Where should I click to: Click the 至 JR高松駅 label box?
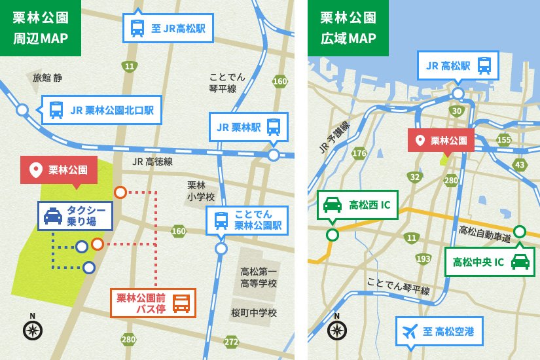pos(168,28)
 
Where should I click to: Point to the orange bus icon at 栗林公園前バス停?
pos(181,303)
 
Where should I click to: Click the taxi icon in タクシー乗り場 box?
pos(53,215)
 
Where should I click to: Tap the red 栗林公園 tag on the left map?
pos(59,170)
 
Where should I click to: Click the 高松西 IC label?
pos(358,205)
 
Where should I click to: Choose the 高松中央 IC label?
pos(490,262)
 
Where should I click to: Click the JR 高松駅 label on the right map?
pos(458,65)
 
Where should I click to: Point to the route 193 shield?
pos(423,259)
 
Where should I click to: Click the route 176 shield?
pos(359,153)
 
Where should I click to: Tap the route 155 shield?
pos(503,139)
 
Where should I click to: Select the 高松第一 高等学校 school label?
pos(259,278)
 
